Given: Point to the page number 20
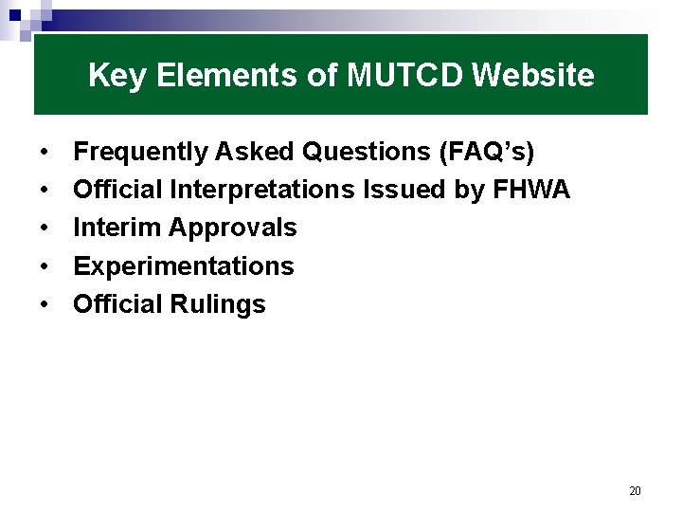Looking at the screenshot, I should (x=635, y=491).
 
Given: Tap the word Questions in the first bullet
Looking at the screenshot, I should (x=360, y=152).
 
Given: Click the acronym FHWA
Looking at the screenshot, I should (x=531, y=190).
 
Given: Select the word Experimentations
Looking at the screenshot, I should (x=184, y=266).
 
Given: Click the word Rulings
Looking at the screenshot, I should (x=218, y=305).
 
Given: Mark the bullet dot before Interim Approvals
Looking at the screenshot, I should (x=45, y=229).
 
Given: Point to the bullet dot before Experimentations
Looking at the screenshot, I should (x=45, y=266).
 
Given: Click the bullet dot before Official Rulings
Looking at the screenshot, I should (x=45, y=305).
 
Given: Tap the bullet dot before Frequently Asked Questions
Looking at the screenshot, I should (x=45, y=152).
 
